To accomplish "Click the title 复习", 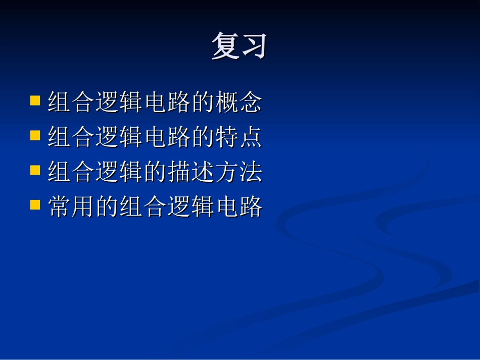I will click(239, 46).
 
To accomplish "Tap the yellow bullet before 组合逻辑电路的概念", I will click(35, 100).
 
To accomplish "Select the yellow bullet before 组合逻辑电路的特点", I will click(35, 135).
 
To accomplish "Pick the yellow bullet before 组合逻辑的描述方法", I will click(35, 170).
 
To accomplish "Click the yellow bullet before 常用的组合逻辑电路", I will click(35, 205).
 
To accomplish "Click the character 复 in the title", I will click(225, 46).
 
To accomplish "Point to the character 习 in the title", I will click(253, 46).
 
